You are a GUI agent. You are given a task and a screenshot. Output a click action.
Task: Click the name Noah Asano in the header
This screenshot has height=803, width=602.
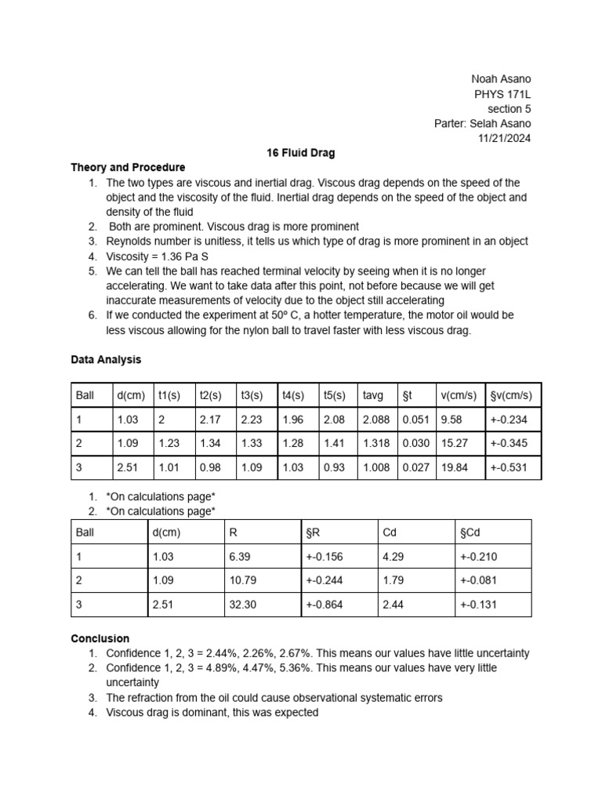pyautogui.click(x=500, y=79)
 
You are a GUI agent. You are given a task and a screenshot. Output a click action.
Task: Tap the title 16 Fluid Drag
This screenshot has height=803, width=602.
pyautogui.click(x=301, y=153)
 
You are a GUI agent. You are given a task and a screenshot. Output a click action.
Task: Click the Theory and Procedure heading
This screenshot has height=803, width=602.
pyautogui.click(x=128, y=167)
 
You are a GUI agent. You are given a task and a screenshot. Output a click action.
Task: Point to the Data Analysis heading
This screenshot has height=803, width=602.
pyautogui.click(x=106, y=359)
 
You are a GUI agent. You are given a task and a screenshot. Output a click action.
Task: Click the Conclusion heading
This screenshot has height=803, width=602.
pyautogui.click(x=100, y=638)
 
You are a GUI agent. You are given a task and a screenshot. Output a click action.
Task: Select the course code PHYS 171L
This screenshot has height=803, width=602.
pyautogui.click(x=502, y=94)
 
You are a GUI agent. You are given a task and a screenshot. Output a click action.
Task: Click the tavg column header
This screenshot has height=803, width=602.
pyautogui.click(x=373, y=395)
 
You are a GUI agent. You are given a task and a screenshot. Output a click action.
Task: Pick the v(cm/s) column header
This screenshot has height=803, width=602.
pyautogui.click(x=455, y=395)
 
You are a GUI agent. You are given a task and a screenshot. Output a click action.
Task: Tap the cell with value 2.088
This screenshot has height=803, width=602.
pyautogui.click(x=376, y=420)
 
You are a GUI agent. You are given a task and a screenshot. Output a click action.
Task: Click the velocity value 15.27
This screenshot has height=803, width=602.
pyautogui.click(x=455, y=443)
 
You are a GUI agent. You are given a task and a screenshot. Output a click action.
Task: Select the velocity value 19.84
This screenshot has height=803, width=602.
pyautogui.click(x=455, y=467)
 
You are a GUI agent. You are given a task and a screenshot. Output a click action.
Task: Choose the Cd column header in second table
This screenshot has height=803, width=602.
pyautogui.click(x=390, y=532)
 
